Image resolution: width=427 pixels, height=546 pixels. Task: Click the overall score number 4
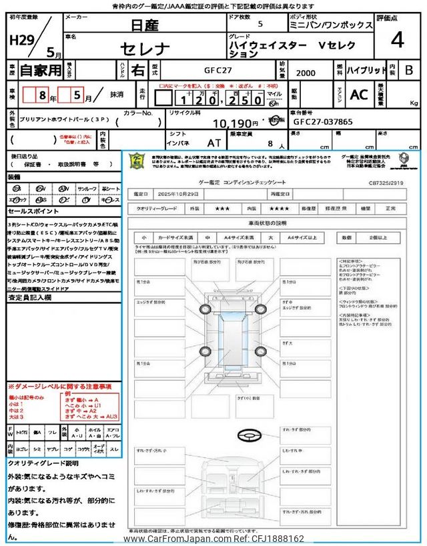coord(398,41)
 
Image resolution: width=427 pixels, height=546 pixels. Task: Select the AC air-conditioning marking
coord(358,95)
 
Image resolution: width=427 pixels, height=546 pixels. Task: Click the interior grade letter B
coord(409,70)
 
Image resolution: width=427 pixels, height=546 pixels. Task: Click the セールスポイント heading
coord(34,210)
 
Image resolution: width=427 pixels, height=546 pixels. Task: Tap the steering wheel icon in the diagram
coord(248,435)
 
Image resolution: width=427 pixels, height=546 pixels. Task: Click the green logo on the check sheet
coord(137,161)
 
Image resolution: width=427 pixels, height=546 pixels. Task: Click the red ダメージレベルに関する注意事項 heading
coord(59,387)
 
